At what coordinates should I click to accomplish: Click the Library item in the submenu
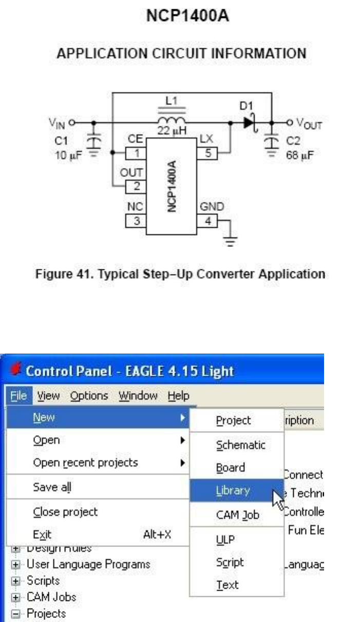pyautogui.click(x=233, y=491)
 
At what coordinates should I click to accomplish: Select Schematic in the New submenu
pyautogui.click(x=240, y=445)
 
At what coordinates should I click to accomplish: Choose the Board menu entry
pyautogui.click(x=231, y=468)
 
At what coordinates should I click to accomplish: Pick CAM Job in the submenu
pyautogui.click(x=237, y=514)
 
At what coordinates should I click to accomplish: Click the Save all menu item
pyautogui.click(x=52, y=487)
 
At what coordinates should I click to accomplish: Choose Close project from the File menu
pyautogui.click(x=65, y=512)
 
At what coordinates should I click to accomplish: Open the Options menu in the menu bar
pyautogui.click(x=89, y=396)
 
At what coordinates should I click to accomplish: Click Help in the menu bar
pyautogui.click(x=178, y=396)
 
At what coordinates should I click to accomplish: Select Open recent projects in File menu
pyautogui.click(x=85, y=463)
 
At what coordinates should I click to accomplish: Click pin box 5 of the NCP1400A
pyautogui.click(x=208, y=152)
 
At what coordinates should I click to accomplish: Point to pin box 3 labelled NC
pyautogui.click(x=136, y=221)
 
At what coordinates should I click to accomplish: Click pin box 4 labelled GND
pyautogui.click(x=208, y=221)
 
